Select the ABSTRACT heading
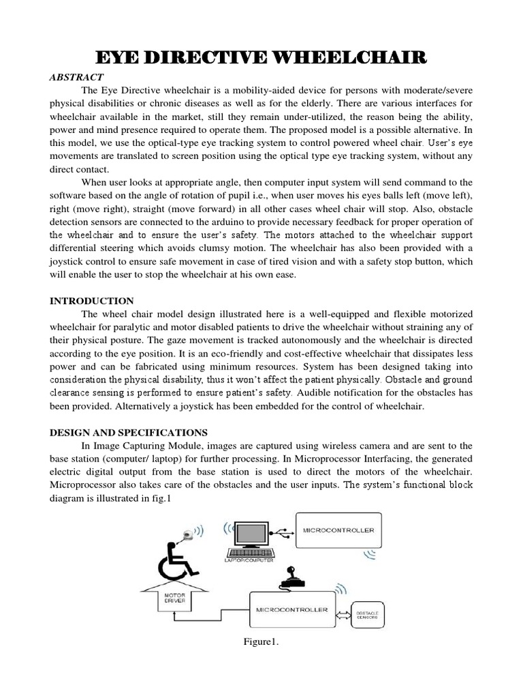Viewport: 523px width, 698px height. tap(76, 78)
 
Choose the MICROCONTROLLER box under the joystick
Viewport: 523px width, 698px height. tap(291, 609)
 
